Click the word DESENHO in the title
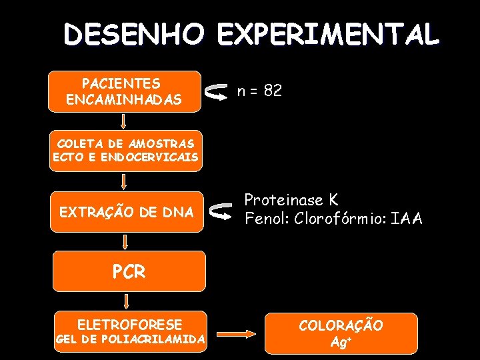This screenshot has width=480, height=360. pyautogui.click(x=132, y=34)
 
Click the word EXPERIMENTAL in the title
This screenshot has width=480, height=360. pyautogui.click(x=328, y=34)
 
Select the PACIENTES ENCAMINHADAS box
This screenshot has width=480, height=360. pyautogui.click(x=125, y=91)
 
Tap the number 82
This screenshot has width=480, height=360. pyautogui.click(x=273, y=91)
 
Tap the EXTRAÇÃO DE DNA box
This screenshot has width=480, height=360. pyautogui.click(x=127, y=212)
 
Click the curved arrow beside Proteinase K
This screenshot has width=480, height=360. pyautogui.click(x=219, y=211)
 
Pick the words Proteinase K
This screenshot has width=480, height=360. pyautogui.click(x=291, y=200)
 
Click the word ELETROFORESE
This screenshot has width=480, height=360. pyautogui.click(x=129, y=325)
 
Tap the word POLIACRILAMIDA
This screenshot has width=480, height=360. pyautogui.click(x=155, y=339)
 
